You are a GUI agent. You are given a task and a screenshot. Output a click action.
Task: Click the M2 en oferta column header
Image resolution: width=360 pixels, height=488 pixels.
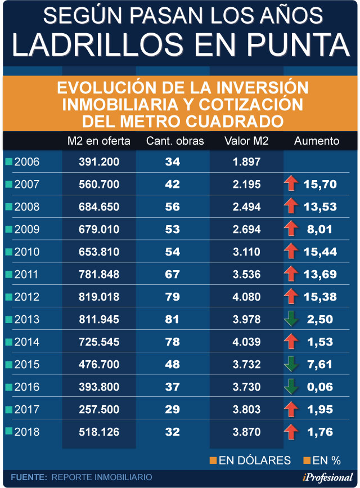(x=98, y=141)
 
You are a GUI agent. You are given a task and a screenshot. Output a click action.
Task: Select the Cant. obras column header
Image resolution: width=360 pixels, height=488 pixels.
(x=175, y=141)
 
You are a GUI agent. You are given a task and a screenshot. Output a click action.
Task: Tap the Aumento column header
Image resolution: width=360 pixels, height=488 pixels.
(x=317, y=141)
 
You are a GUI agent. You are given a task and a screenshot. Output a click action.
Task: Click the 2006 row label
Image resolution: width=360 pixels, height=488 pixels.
(x=26, y=162)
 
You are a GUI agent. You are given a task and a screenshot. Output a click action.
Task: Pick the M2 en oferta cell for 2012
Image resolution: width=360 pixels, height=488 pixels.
(x=99, y=297)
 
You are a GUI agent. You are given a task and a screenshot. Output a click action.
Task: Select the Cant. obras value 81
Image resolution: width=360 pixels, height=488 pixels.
(x=172, y=320)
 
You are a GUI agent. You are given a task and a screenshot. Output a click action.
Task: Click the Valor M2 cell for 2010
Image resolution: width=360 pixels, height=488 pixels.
(x=246, y=252)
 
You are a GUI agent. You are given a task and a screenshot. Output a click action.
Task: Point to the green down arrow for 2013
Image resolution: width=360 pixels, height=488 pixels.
(x=291, y=319)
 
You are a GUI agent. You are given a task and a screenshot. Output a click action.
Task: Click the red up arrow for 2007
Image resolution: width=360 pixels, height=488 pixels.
(x=291, y=184)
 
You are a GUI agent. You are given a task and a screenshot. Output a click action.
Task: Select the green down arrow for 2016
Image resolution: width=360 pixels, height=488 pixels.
(x=291, y=387)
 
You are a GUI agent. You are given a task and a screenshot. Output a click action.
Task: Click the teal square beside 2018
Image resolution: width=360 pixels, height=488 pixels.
(x=8, y=432)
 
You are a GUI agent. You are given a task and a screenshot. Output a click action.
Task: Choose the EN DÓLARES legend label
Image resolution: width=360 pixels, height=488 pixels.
(x=254, y=460)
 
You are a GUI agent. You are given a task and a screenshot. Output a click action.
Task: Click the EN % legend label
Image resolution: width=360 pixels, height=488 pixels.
(x=327, y=460)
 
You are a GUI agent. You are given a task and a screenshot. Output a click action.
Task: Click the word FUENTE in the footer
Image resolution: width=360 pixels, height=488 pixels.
(x=29, y=477)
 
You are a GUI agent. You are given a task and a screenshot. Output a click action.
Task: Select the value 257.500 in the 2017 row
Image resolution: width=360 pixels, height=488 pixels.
(x=99, y=410)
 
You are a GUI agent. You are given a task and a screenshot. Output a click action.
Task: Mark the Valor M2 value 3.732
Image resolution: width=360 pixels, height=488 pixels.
(x=246, y=365)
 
